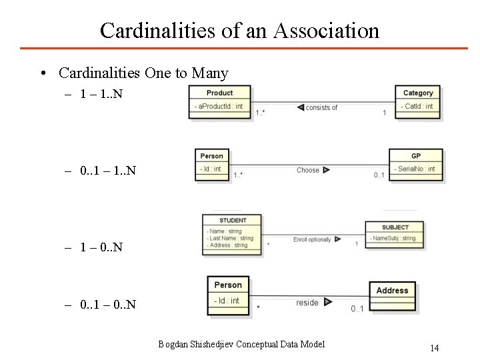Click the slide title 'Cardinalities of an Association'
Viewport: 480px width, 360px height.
[x=239, y=30]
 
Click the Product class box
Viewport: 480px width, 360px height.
[x=219, y=102]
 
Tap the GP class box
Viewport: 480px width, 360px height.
[x=415, y=164]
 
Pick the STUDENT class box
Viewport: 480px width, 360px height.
[x=232, y=234]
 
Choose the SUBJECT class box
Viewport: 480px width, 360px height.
[x=395, y=235]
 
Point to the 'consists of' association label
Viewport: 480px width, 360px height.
[x=321, y=107]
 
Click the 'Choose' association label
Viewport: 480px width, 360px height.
[x=308, y=170]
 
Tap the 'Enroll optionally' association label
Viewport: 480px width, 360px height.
[x=311, y=239]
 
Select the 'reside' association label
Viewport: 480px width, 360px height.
[x=307, y=303]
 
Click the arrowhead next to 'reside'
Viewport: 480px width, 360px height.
[x=328, y=303]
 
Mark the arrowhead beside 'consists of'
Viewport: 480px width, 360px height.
[x=300, y=107]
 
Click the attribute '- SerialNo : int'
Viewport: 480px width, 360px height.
[x=415, y=169]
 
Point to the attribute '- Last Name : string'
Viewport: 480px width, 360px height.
[x=230, y=238]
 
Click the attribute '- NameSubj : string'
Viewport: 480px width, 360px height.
[x=394, y=238]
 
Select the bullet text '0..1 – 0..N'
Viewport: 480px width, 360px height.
[x=107, y=305]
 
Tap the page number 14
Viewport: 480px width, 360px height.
[x=435, y=347]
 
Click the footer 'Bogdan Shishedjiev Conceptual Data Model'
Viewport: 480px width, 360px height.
[x=241, y=344]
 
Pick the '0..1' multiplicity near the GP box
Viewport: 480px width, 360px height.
[x=379, y=175]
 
